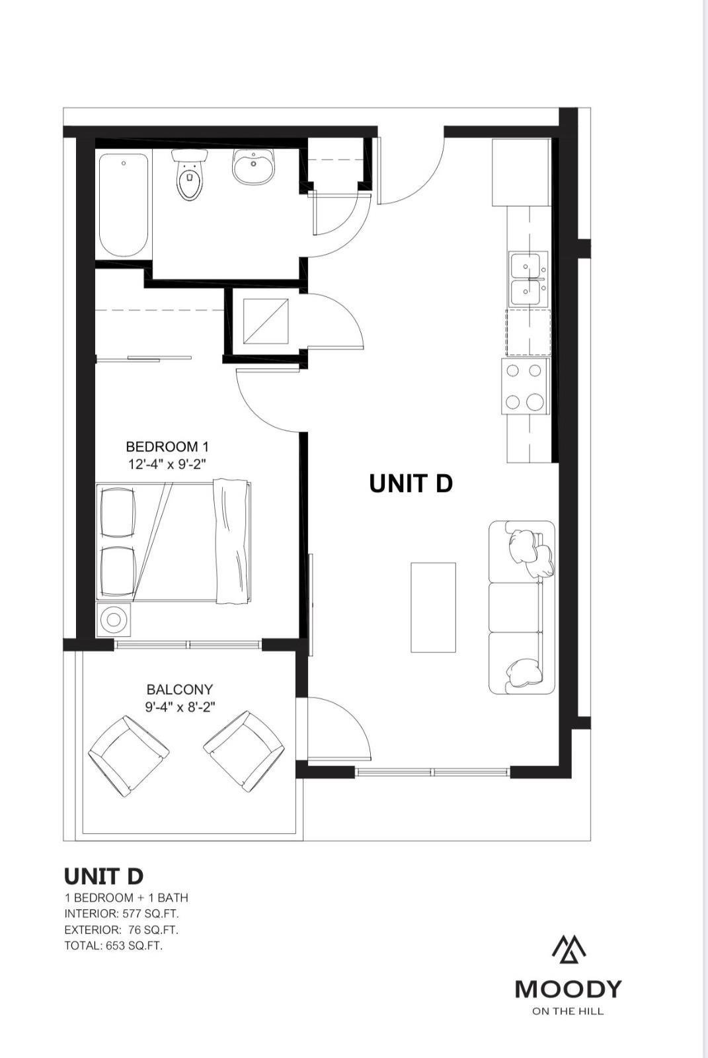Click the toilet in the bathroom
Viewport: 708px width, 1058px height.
[x=190, y=175]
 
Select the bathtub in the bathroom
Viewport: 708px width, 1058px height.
[x=123, y=205]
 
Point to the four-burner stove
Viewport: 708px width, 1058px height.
[x=525, y=386]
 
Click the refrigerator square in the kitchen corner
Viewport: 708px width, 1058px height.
[x=521, y=173]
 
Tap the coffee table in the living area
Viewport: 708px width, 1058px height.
[x=433, y=608]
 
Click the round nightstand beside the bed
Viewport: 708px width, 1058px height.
[x=113, y=619]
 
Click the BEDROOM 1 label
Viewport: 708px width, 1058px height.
[x=167, y=446]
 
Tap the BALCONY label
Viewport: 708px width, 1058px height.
[x=180, y=690]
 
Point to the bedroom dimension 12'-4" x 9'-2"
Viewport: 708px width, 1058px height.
[x=168, y=464]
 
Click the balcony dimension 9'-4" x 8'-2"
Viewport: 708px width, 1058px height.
[x=180, y=708]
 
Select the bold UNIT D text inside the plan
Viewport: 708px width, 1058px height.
[x=411, y=483]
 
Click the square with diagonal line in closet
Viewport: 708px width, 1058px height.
[x=266, y=321]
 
